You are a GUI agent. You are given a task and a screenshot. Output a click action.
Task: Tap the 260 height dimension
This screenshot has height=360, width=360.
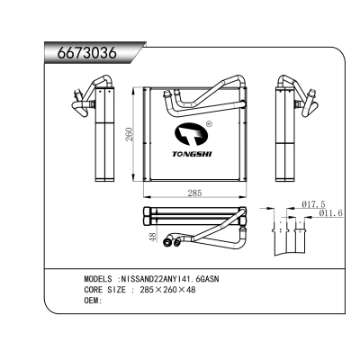[x=129, y=135]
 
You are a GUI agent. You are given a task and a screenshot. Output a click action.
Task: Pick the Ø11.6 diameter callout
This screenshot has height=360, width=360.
[x=328, y=212]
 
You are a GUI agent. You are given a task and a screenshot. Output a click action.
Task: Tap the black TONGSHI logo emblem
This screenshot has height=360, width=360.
[x=192, y=136]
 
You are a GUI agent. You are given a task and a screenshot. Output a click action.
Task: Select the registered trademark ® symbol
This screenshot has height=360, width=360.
[x=209, y=124]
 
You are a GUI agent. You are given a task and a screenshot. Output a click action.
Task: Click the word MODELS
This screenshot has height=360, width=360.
[x=101, y=279]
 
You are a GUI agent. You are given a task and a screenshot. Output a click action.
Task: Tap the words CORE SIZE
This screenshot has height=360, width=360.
[x=105, y=290]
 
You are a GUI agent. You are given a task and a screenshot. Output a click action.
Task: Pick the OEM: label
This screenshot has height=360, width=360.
[x=93, y=301]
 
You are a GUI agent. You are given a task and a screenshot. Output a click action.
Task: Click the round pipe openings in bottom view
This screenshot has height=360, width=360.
[x=176, y=240]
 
